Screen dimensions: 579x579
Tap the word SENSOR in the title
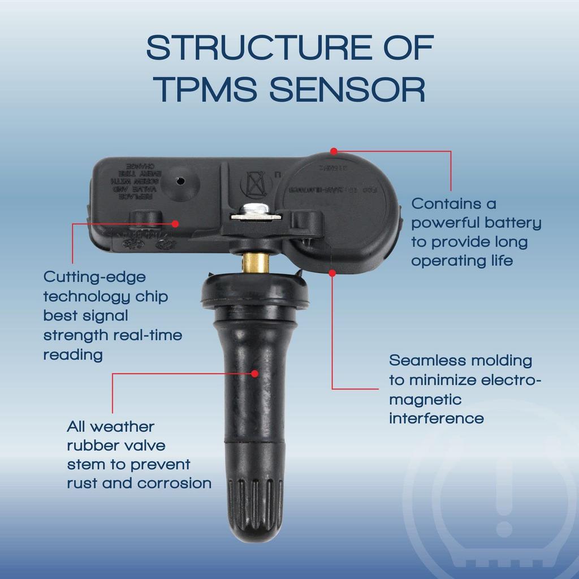(347, 89)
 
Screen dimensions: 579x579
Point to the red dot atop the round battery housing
(334, 151)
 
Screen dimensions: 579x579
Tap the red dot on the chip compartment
(175, 224)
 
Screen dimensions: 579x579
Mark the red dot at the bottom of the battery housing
(332, 272)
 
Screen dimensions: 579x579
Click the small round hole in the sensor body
(181, 181)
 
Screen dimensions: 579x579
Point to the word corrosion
(175, 483)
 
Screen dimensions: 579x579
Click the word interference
(436, 418)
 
